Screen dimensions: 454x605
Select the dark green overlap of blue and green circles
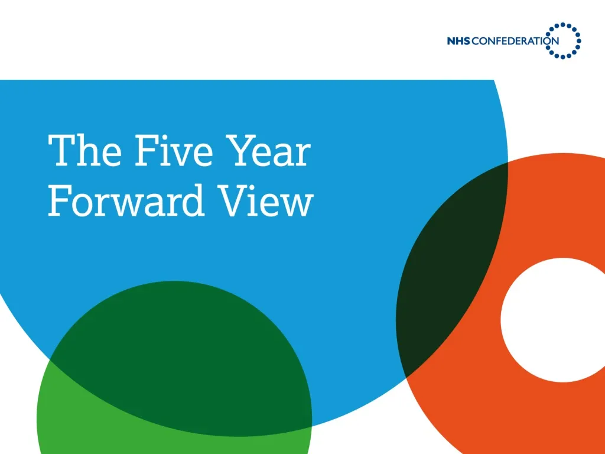pos(177,355)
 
